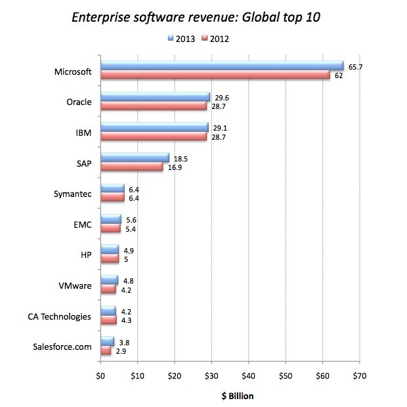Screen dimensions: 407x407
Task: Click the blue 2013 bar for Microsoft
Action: click(222, 65)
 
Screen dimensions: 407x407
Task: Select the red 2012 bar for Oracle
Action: click(154, 106)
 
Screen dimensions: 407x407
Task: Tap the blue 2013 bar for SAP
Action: click(135, 158)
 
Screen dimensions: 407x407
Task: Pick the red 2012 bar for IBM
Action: click(154, 137)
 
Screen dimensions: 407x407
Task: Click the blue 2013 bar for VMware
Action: click(109, 280)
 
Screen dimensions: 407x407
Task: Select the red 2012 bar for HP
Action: click(110, 259)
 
